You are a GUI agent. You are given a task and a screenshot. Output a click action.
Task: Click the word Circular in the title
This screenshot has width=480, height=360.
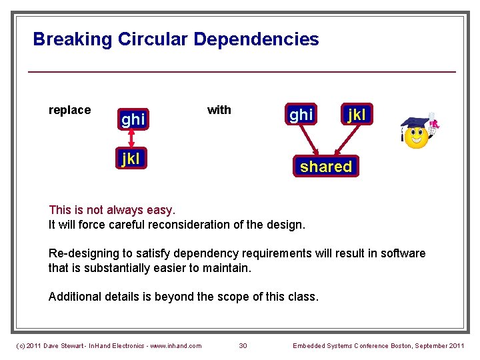(x=153, y=39)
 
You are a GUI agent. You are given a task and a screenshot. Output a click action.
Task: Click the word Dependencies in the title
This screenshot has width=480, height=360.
(x=256, y=39)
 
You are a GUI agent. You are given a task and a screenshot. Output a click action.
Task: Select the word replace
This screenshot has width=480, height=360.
(x=70, y=110)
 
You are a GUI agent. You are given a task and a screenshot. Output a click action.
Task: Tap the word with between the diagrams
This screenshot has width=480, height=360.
(x=219, y=110)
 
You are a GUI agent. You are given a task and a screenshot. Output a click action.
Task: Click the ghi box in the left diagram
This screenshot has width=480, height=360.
(x=133, y=119)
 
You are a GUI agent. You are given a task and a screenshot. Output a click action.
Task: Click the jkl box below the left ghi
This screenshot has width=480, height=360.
(x=129, y=159)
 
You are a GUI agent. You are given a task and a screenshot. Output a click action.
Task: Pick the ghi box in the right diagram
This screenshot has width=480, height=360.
(x=300, y=115)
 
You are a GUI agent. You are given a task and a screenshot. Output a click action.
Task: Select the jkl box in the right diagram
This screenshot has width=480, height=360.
(x=357, y=115)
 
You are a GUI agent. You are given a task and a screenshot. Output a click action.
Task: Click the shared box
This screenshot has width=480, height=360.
(x=325, y=167)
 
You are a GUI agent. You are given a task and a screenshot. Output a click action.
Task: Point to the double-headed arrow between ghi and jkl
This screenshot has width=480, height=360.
(x=132, y=139)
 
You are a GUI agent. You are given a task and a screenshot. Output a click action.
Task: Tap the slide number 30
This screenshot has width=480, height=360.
(x=243, y=345)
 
